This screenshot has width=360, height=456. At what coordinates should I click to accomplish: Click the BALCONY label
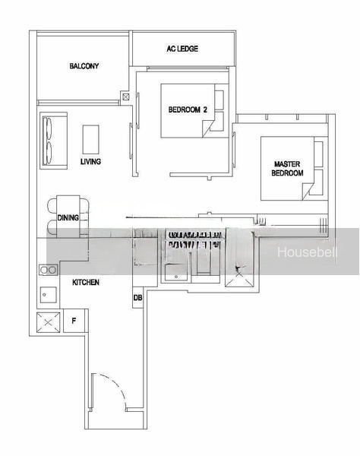(x=84, y=66)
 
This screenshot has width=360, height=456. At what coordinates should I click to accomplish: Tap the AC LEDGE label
(x=182, y=49)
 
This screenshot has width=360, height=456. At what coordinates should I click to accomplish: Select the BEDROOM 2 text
(x=188, y=109)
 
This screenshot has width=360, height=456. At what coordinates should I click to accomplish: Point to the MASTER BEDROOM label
(x=287, y=169)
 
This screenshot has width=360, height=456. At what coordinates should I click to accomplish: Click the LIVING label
(x=90, y=161)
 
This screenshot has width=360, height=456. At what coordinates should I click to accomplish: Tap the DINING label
(x=68, y=217)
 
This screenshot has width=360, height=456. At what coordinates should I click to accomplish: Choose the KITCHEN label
(x=86, y=282)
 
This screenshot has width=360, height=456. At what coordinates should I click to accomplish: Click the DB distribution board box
(x=137, y=297)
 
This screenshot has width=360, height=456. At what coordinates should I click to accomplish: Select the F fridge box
(x=74, y=321)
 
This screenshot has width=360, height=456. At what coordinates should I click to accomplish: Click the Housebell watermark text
(x=307, y=252)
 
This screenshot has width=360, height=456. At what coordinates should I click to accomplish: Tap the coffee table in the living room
(x=90, y=140)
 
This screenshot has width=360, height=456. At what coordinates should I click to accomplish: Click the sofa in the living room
(x=54, y=141)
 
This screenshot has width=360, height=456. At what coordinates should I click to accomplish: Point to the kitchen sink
(x=49, y=295)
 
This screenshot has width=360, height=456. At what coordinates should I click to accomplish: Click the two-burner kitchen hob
(x=49, y=270)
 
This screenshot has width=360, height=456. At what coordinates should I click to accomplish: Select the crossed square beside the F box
(x=49, y=322)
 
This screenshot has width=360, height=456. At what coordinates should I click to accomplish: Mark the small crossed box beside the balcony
(x=126, y=97)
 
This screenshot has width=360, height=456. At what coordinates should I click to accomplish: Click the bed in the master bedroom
(x=292, y=169)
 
